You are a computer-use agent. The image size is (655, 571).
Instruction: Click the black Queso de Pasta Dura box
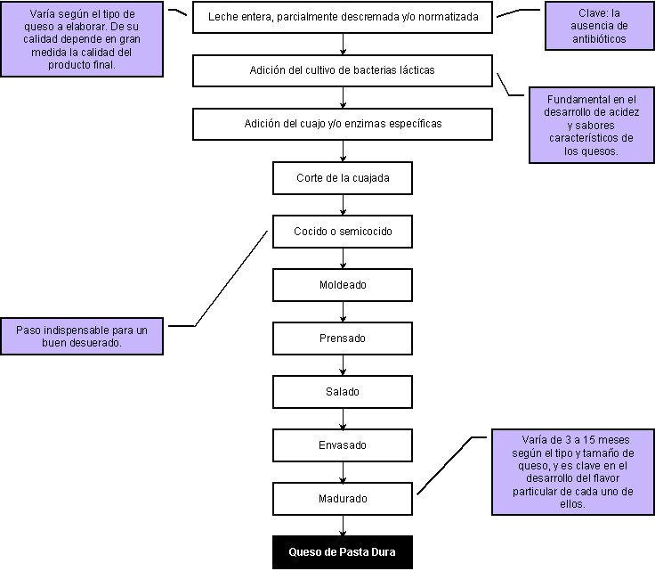click(343, 551)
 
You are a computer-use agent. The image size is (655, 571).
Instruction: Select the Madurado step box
click(343, 499)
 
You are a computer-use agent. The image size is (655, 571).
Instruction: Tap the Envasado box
click(343, 445)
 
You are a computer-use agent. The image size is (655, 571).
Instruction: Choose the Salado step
click(343, 392)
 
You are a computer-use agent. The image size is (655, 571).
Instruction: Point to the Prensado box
click(343, 339)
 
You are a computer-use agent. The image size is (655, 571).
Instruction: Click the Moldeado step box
click(343, 285)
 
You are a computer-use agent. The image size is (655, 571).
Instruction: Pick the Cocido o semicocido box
click(343, 231)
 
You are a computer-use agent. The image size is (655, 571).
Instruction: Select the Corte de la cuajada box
click(343, 178)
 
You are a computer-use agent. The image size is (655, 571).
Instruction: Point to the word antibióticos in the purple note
click(599, 39)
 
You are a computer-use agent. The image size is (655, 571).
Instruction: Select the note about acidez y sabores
click(592, 125)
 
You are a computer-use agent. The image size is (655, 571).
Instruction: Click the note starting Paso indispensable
click(82, 336)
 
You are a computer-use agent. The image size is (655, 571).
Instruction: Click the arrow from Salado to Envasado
click(343, 419)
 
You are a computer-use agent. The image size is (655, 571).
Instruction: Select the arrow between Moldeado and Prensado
click(343, 312)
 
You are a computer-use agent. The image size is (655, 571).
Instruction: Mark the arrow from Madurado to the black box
click(343, 526)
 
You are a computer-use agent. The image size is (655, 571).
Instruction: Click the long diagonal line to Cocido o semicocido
click(231, 278)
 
